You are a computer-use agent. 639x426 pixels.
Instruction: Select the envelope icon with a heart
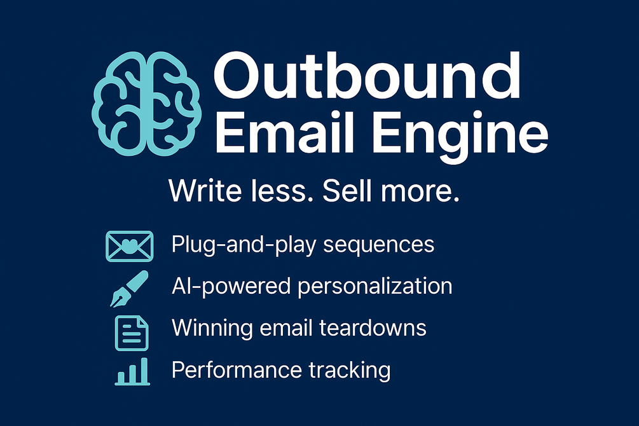pyautogui.click(x=128, y=246)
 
